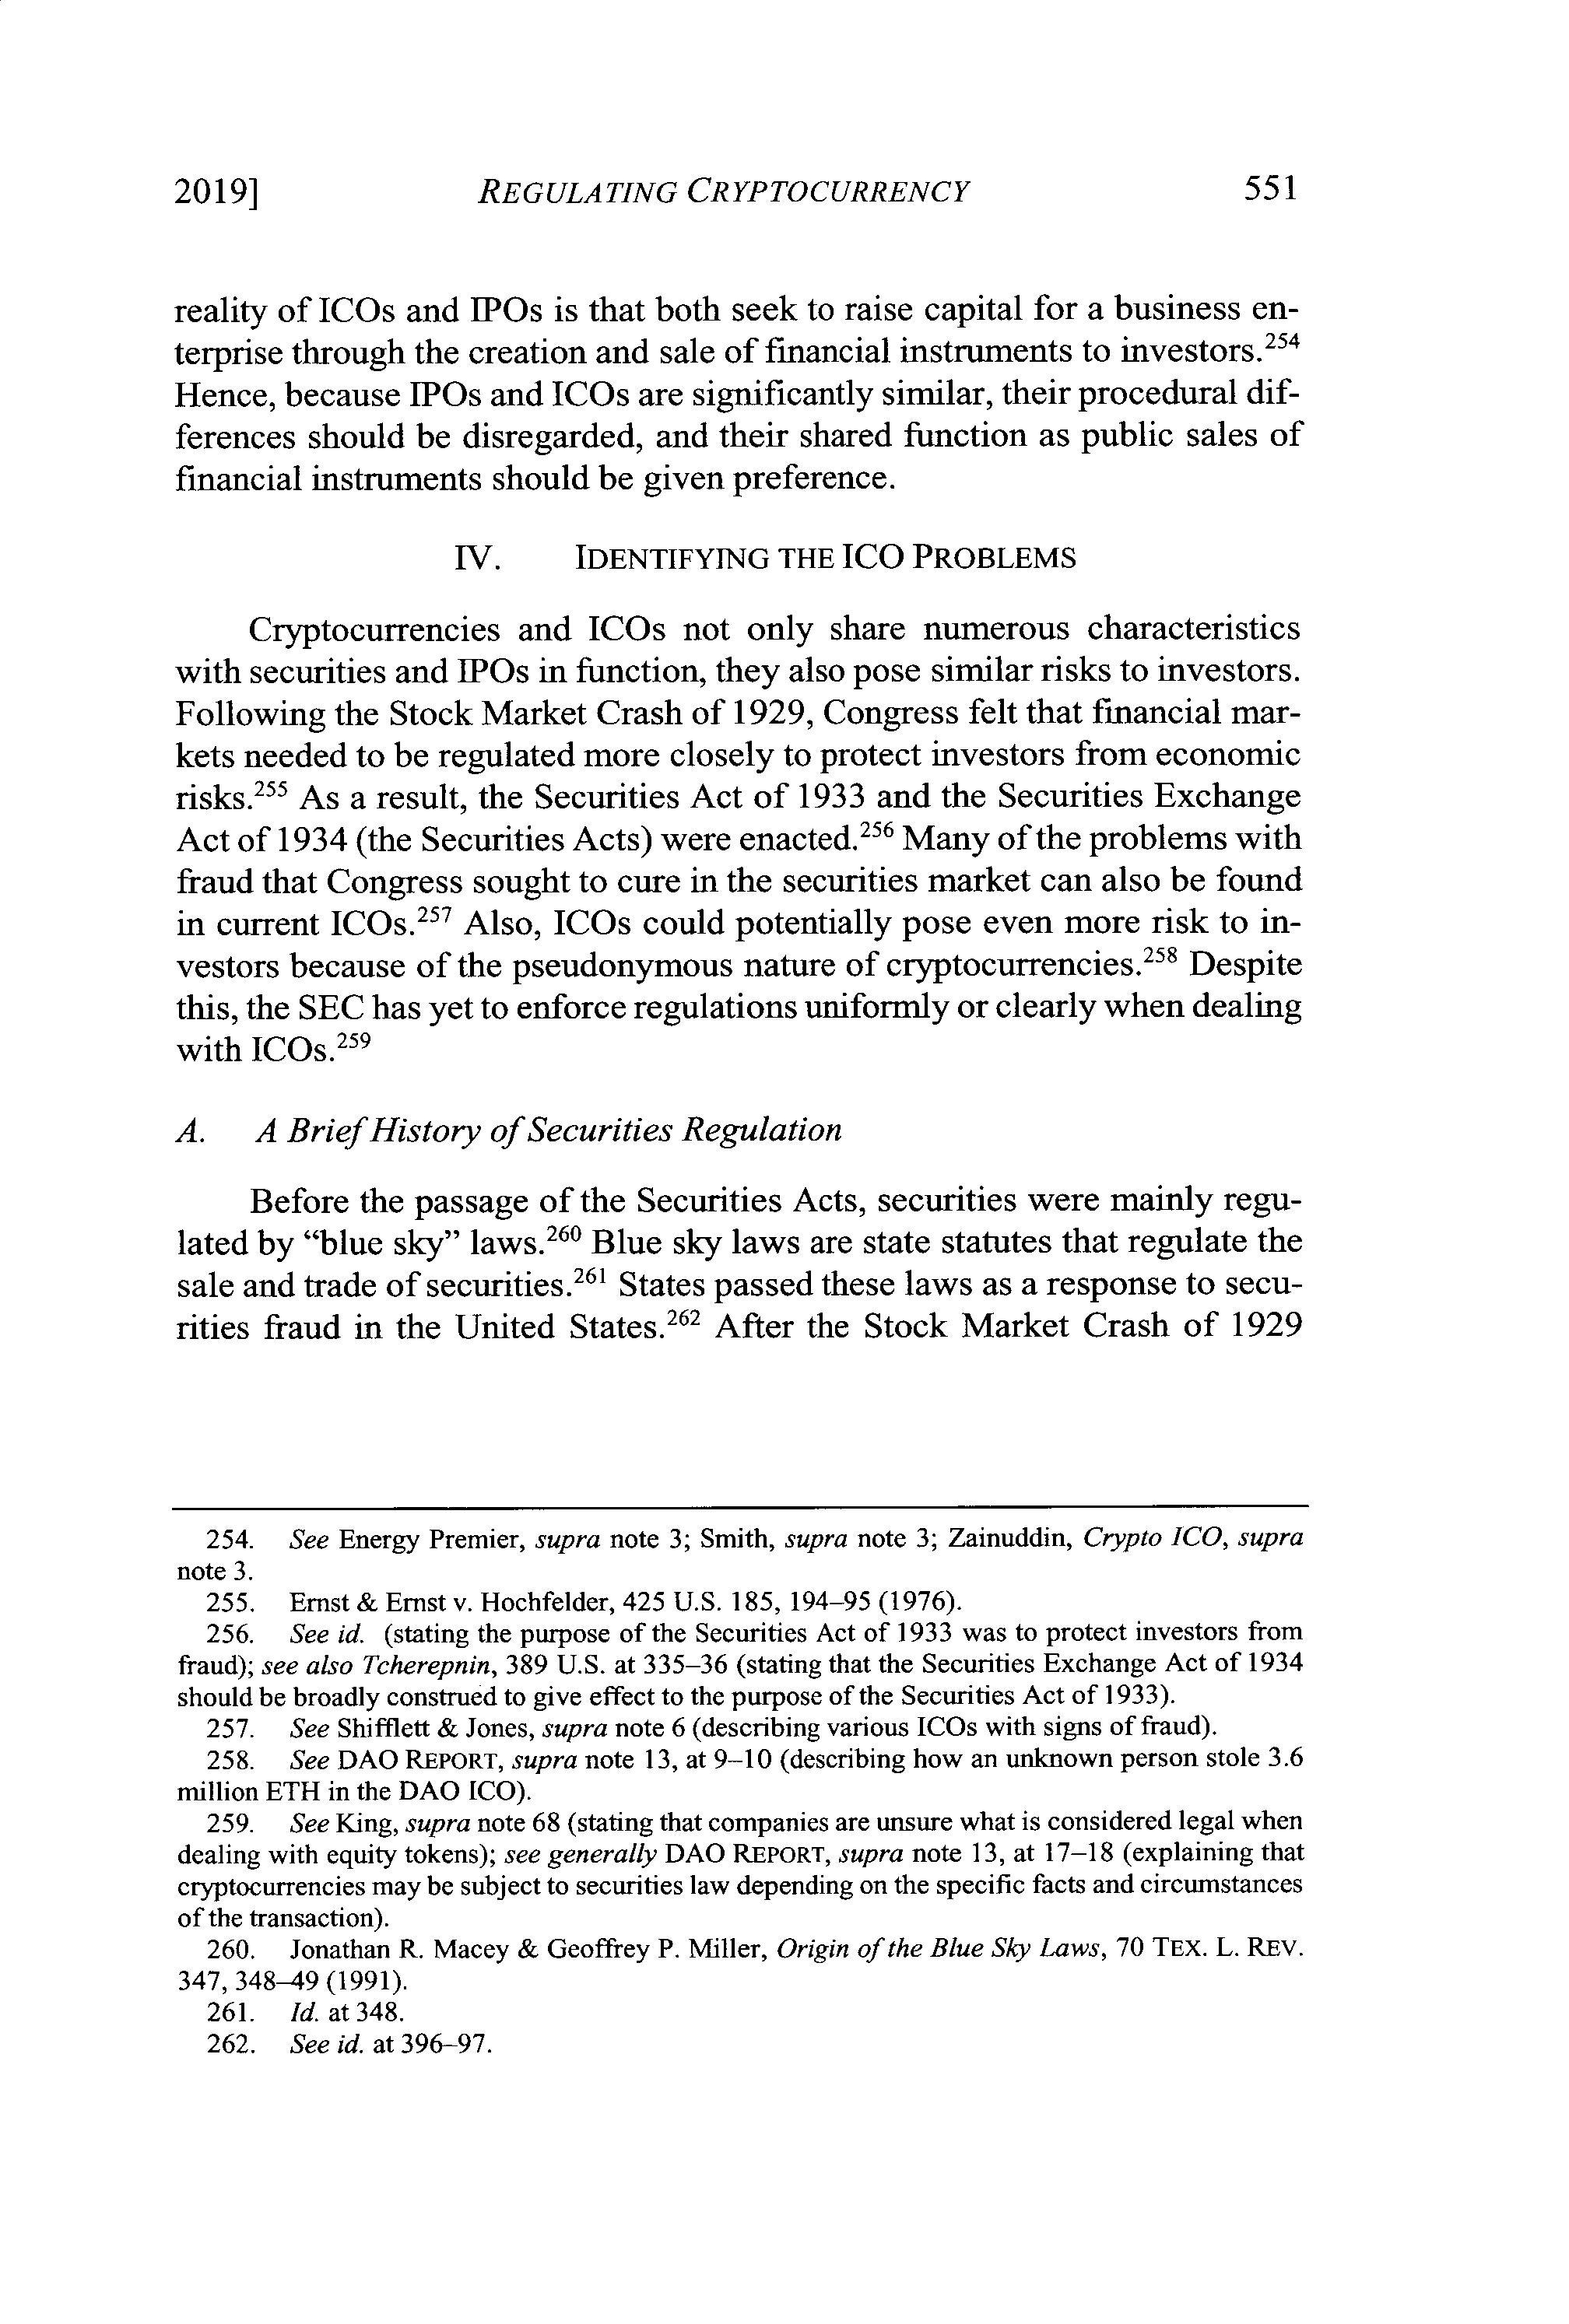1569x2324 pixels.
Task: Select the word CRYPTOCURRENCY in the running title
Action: tap(826, 190)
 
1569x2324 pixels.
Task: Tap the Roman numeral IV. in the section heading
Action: tap(477, 557)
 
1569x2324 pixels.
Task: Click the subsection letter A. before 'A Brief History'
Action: tap(190, 1130)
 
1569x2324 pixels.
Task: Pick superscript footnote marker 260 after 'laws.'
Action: tap(563, 1231)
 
